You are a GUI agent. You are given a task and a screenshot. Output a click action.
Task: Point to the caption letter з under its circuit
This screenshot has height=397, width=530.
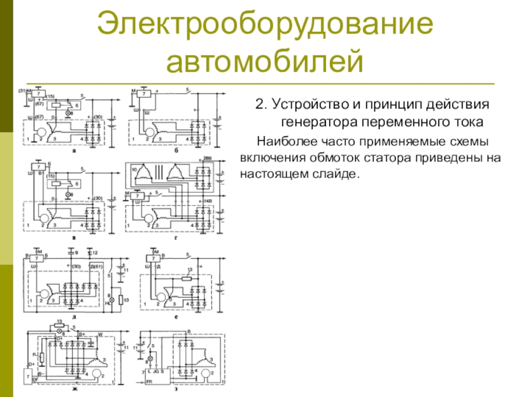176,392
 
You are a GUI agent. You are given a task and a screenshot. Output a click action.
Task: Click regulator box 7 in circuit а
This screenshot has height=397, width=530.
40,93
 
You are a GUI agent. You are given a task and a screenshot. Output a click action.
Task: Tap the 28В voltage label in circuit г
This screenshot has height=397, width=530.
207,160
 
